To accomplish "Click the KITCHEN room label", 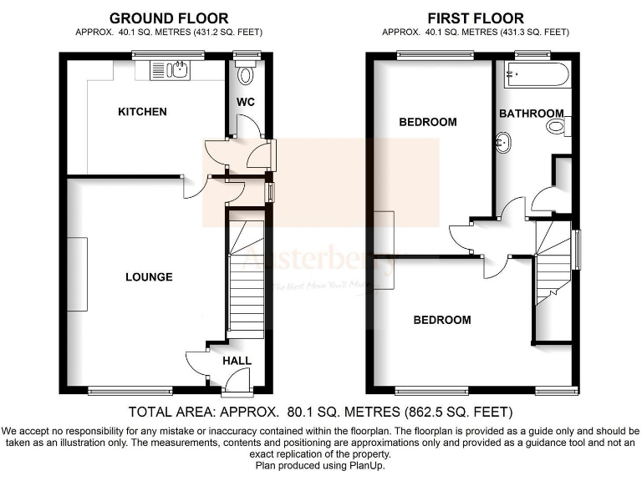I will click(x=142, y=112).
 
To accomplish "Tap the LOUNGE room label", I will click(x=149, y=277).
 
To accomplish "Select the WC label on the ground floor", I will click(x=245, y=102).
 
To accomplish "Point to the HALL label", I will click(x=237, y=361).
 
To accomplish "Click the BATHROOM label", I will click(x=531, y=114).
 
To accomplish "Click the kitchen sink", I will click(x=172, y=70).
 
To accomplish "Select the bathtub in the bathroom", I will click(x=532, y=77).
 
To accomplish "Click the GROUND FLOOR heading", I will click(x=168, y=18).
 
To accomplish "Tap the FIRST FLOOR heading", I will click(x=476, y=18).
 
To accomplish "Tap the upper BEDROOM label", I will click(x=428, y=122).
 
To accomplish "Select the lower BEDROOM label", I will click(x=441, y=320).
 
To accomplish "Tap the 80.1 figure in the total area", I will click(x=298, y=412).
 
